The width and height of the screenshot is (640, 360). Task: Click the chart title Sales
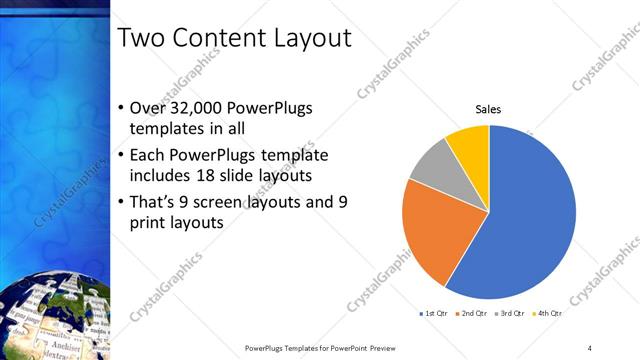488,110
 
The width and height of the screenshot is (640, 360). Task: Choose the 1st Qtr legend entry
433,314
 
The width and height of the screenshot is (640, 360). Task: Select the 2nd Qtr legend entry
470,314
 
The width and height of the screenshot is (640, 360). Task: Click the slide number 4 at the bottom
590,347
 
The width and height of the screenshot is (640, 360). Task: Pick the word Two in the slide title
139,38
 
